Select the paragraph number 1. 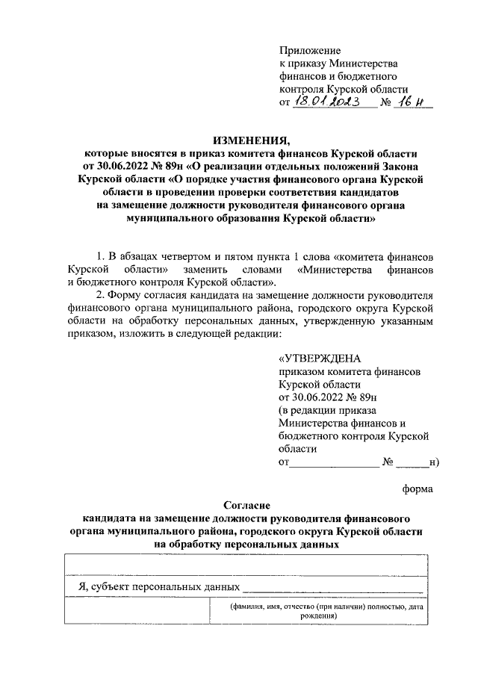pos(92,256)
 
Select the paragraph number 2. pos(92,294)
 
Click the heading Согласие pos(251,505)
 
